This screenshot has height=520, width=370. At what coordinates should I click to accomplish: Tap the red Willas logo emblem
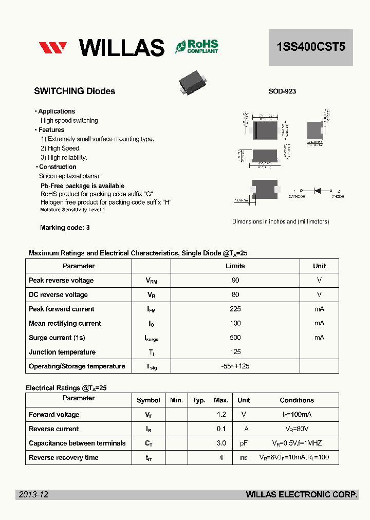coord(53,48)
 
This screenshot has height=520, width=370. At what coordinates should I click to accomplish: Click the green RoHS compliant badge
coord(197,47)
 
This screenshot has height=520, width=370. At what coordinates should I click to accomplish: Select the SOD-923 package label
coord(282,91)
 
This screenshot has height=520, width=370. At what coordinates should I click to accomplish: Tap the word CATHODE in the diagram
coord(297,197)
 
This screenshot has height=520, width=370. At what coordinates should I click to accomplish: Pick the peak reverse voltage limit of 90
coord(235,281)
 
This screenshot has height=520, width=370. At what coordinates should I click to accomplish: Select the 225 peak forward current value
coord(235,309)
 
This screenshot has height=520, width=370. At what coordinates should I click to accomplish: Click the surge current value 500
coord(235,338)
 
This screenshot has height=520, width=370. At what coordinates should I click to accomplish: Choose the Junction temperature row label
coord(62,352)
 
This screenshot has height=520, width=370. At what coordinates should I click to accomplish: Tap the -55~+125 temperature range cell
coord(235,366)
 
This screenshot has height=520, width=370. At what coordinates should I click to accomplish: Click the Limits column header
coord(235,266)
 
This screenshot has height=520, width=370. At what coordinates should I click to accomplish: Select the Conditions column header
coord(297,400)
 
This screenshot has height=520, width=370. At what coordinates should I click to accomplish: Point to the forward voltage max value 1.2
coord(221,415)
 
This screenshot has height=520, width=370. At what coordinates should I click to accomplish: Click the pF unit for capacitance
coord(244,443)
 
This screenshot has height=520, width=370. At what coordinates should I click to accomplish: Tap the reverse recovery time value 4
coord(221,458)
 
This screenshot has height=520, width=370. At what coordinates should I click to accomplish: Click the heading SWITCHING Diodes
coord(75,91)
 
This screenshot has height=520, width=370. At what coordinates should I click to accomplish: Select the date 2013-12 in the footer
coord(33,494)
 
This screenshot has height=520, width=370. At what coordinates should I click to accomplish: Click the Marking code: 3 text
coord(65,228)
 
